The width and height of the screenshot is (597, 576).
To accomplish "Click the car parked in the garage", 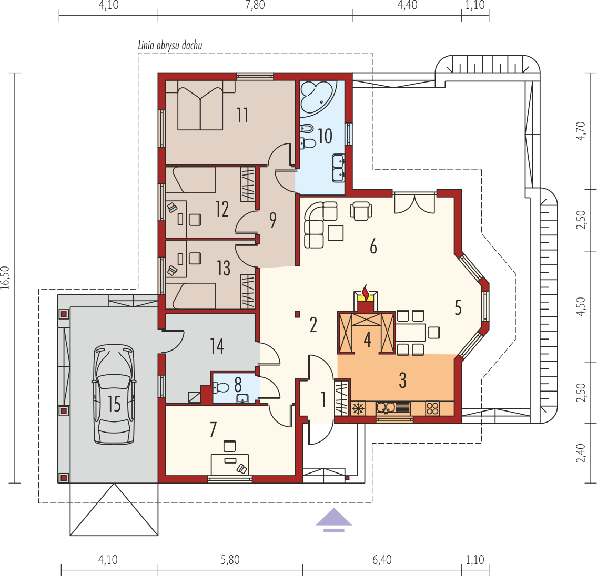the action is point(114,394).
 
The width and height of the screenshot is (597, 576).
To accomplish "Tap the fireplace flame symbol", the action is point(366,292).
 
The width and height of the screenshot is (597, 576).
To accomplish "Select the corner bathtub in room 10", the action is point(318,97).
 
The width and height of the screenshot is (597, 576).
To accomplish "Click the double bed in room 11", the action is point(200,109).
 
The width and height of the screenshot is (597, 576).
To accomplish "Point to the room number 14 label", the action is point(217,346).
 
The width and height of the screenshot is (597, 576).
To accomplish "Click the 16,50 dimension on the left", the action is point(5,277).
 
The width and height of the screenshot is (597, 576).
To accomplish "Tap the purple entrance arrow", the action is point(334,520).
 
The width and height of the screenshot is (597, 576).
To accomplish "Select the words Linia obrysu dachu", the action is point(170,46).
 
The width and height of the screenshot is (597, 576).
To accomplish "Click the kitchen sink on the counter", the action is point(393,408).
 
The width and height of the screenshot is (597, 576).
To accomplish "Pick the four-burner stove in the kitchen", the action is point(432,408).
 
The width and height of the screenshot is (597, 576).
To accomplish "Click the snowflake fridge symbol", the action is point(358,409).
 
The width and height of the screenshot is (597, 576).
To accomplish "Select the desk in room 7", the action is point(230,464).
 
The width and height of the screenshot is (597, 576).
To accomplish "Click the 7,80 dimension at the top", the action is point(255,5).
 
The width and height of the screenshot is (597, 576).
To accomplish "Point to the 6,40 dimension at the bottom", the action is point(382,560).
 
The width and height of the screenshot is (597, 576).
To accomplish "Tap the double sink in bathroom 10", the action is point(338,168).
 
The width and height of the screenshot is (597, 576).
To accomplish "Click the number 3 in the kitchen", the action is point(402,380).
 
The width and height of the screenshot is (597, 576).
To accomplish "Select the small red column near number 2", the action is point(297,314).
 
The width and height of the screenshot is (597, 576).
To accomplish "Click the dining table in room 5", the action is point(411,333).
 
